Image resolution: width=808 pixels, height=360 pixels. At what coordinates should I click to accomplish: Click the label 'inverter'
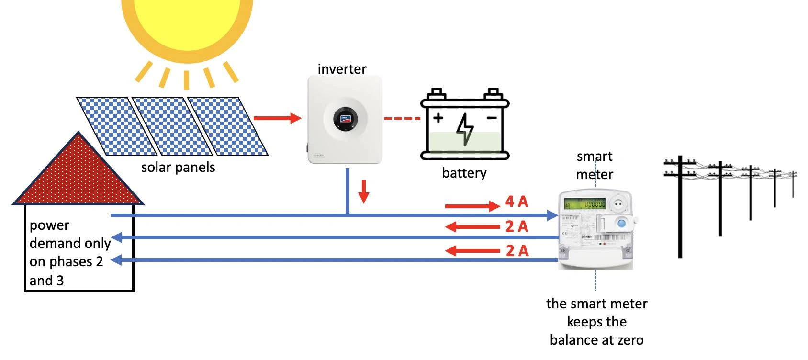(342, 69)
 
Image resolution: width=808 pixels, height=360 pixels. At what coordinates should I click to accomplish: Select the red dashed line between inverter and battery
(402, 118)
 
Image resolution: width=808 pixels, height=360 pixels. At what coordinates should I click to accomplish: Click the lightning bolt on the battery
(465, 129)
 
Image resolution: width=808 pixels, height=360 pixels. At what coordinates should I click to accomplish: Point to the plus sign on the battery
(438, 117)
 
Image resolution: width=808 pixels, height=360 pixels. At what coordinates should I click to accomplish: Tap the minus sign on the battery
(492, 117)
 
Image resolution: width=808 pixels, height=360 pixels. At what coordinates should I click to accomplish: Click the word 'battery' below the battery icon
(464, 173)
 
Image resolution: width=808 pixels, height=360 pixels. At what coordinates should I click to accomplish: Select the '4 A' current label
(516, 202)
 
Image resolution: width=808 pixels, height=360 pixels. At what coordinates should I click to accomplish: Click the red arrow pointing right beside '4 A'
(472, 206)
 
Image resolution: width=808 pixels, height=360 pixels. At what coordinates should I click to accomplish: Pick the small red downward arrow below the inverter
(364, 191)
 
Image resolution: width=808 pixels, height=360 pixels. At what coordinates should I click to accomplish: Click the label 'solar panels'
(178, 168)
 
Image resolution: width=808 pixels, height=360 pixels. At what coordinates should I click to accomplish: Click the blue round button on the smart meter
(621, 223)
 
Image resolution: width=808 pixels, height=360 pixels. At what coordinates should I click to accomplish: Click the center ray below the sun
(186, 79)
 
